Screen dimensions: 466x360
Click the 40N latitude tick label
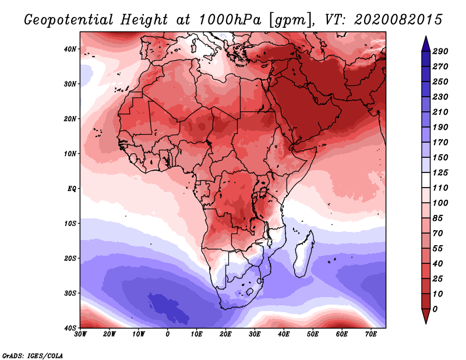(69, 49)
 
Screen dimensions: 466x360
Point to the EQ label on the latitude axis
(72, 189)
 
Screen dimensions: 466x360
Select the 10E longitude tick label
(196, 334)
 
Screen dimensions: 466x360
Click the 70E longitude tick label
(371, 334)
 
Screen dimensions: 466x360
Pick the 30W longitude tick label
(80, 334)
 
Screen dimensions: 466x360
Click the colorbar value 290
(440, 51)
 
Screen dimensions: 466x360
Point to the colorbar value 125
(440, 172)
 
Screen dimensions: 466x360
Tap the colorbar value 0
(435, 309)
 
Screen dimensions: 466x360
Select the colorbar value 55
(437, 249)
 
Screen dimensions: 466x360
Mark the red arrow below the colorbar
(426, 316)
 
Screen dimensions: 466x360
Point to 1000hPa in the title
(230, 20)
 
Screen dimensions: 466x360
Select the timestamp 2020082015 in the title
(398, 20)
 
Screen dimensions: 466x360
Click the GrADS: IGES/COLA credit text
(33, 356)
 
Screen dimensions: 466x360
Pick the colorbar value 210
(440, 112)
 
